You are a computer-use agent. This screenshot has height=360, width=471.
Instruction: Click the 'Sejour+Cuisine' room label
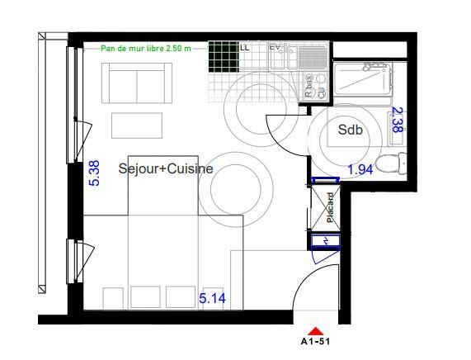(x=166, y=168)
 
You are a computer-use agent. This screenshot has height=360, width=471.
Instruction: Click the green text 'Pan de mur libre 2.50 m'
(x=145, y=48)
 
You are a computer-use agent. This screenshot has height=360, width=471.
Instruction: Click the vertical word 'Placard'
(x=329, y=207)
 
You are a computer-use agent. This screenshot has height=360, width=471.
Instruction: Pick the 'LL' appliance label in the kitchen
(x=244, y=48)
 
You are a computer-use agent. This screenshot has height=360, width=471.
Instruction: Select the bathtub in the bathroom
(x=364, y=83)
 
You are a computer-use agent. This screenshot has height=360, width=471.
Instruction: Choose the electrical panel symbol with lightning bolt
(x=324, y=241)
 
